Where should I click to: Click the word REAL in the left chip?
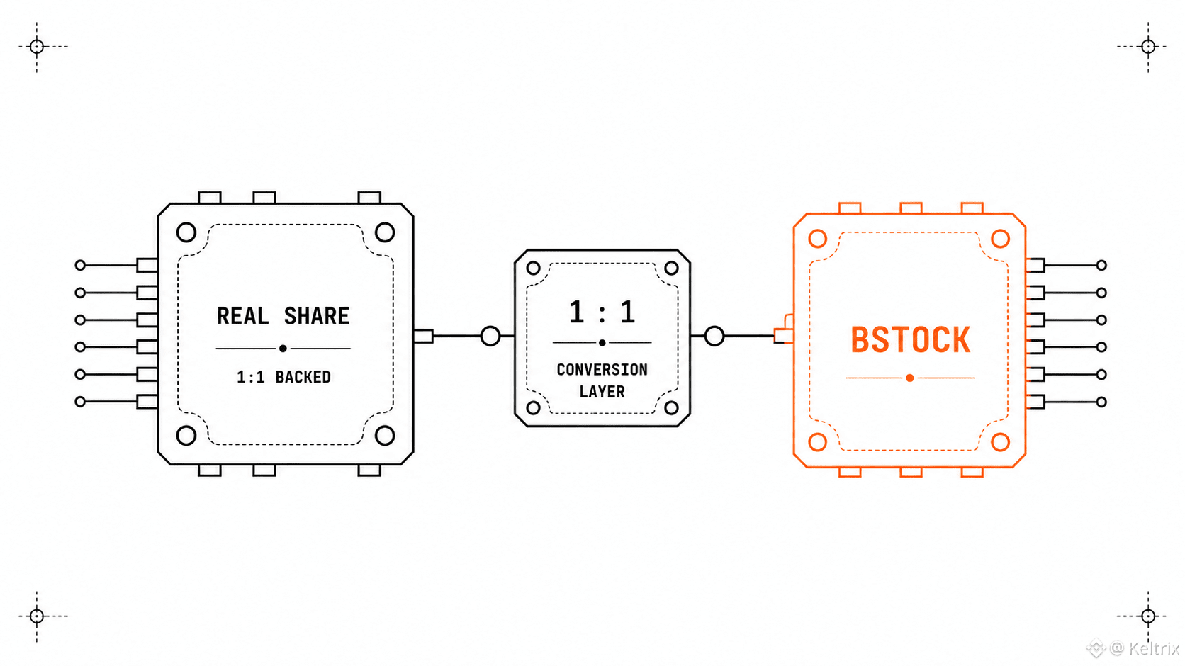coord(243,316)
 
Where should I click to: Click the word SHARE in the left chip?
coord(317,316)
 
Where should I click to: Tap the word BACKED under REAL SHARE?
coord(303,377)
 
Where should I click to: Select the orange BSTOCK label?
coord(911,339)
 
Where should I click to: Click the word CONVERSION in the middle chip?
coord(602,369)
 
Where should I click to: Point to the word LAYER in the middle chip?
coord(602,392)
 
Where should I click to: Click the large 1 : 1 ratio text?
coord(602,312)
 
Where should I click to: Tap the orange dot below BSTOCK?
coord(910,378)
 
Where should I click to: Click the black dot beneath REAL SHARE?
coord(283,349)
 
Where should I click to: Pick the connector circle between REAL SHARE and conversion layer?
coord(490,336)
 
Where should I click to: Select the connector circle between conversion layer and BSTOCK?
coord(714,336)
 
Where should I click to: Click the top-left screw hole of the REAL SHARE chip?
coord(186,232)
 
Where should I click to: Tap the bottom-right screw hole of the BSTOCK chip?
coord(1000,441)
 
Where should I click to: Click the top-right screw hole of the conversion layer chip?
coord(671,269)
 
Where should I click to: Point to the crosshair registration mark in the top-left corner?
coord(37,47)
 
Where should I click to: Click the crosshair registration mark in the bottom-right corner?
coord(1148,616)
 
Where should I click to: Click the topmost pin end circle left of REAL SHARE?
coord(80,265)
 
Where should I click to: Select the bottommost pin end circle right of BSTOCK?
coord(1101,402)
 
